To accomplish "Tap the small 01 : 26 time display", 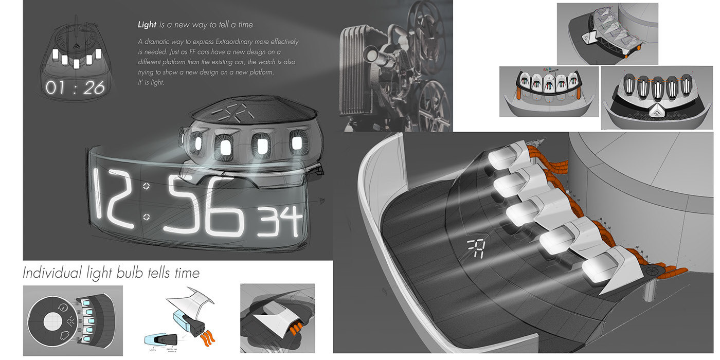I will pyautogui.click(x=75, y=87).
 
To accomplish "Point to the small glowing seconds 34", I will pyautogui.click(x=280, y=222).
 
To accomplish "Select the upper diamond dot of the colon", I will pyautogui.click(x=147, y=186).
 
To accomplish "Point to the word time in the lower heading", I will pyautogui.click(x=185, y=272).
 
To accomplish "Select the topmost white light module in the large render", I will pyautogui.click(x=503, y=158).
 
